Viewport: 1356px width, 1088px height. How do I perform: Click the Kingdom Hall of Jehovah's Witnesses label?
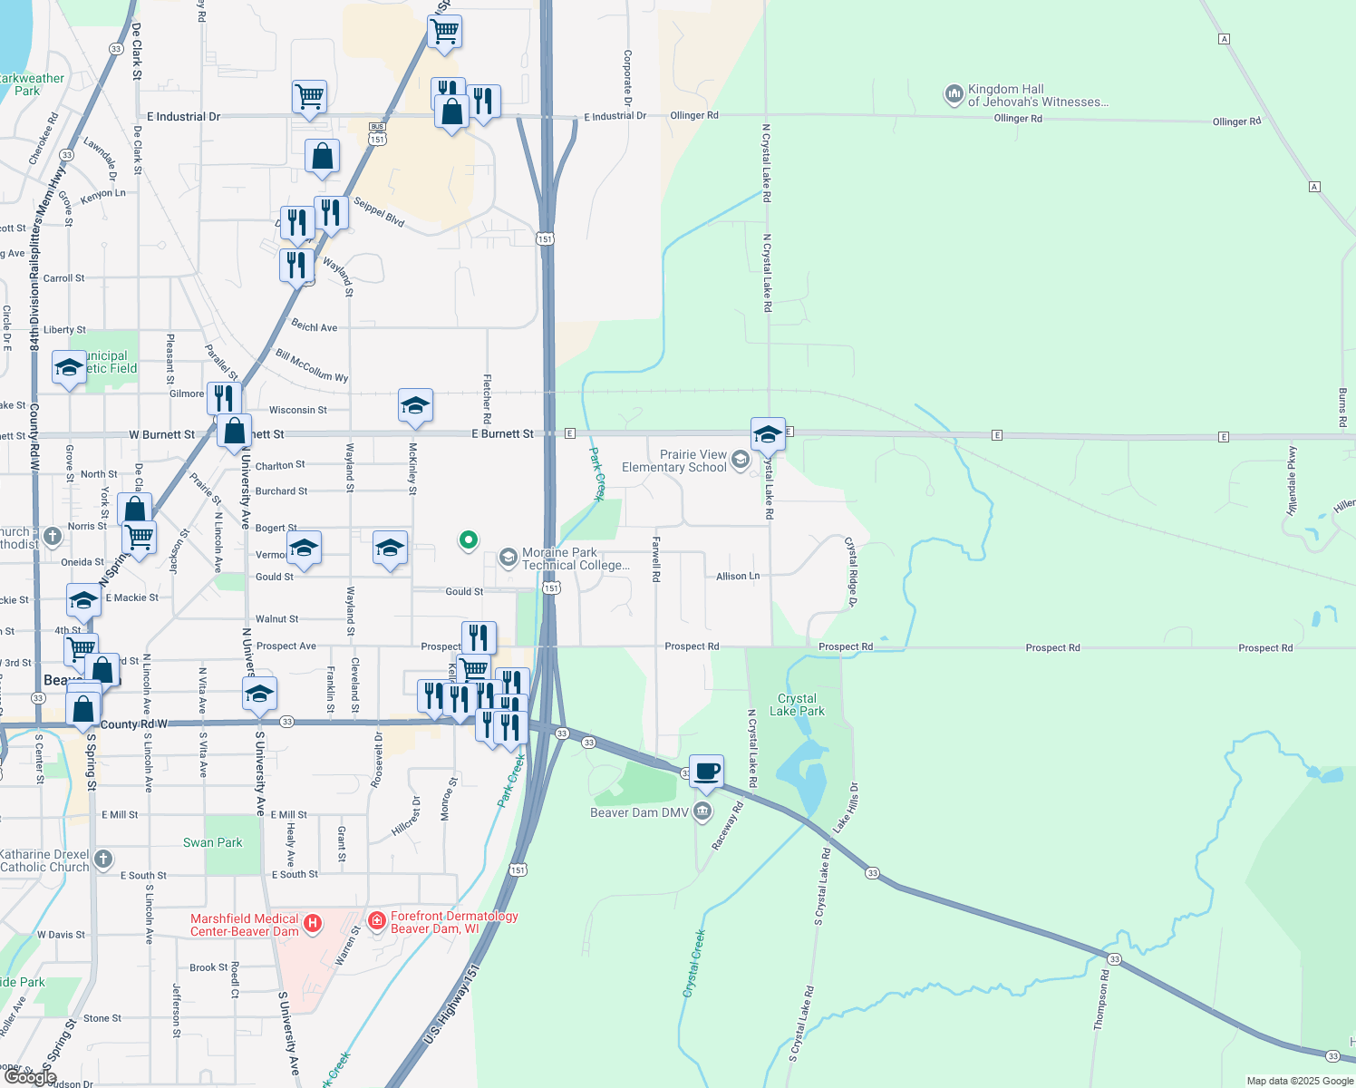click(1037, 95)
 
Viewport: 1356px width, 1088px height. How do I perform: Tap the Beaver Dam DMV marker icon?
click(702, 811)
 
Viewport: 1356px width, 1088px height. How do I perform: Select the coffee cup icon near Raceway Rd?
click(707, 772)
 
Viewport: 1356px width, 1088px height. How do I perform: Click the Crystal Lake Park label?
click(797, 704)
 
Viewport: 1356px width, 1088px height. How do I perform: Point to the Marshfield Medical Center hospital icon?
click(312, 924)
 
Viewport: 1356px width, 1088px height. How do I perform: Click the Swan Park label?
click(212, 842)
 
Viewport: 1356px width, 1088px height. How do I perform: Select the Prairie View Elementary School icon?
click(741, 461)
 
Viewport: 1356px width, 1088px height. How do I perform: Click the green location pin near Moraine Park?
click(468, 540)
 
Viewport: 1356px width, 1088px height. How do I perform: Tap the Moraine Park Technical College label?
click(575, 559)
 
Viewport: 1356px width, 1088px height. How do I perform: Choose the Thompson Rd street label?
click(1101, 999)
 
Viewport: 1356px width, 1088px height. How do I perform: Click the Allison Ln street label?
click(738, 576)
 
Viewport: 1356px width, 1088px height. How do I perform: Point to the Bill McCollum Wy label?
click(312, 364)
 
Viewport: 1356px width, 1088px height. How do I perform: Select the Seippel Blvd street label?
click(379, 212)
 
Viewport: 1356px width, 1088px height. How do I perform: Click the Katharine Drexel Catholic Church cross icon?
click(103, 859)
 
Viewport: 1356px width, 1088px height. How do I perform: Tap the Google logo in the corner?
click(30, 1076)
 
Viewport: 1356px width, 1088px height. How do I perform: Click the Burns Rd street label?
click(1342, 407)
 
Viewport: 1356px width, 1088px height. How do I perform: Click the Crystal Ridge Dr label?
click(851, 571)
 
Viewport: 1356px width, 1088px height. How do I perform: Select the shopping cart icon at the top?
click(444, 31)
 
